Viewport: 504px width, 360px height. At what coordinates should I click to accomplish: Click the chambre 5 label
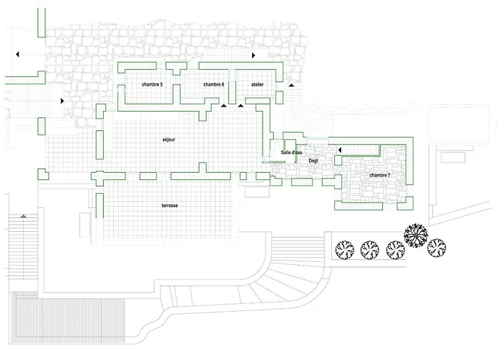152,85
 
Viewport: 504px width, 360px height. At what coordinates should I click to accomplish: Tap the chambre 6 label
214,85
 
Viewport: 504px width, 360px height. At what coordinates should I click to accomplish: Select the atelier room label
257,85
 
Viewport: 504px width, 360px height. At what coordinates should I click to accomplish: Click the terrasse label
170,206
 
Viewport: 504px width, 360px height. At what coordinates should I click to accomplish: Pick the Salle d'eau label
282,153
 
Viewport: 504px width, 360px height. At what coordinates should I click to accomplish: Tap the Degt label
313,161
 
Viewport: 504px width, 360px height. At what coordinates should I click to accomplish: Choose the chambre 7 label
379,175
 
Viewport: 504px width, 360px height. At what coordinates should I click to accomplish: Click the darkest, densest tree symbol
416,234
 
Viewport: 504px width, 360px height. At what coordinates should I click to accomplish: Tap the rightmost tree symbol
436,249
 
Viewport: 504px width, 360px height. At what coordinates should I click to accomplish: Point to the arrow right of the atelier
291,85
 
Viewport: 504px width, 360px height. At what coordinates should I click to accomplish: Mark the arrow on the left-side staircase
24,215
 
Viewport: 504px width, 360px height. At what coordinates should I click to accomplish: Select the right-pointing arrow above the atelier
253,55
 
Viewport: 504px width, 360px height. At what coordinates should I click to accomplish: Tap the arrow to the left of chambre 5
63,102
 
